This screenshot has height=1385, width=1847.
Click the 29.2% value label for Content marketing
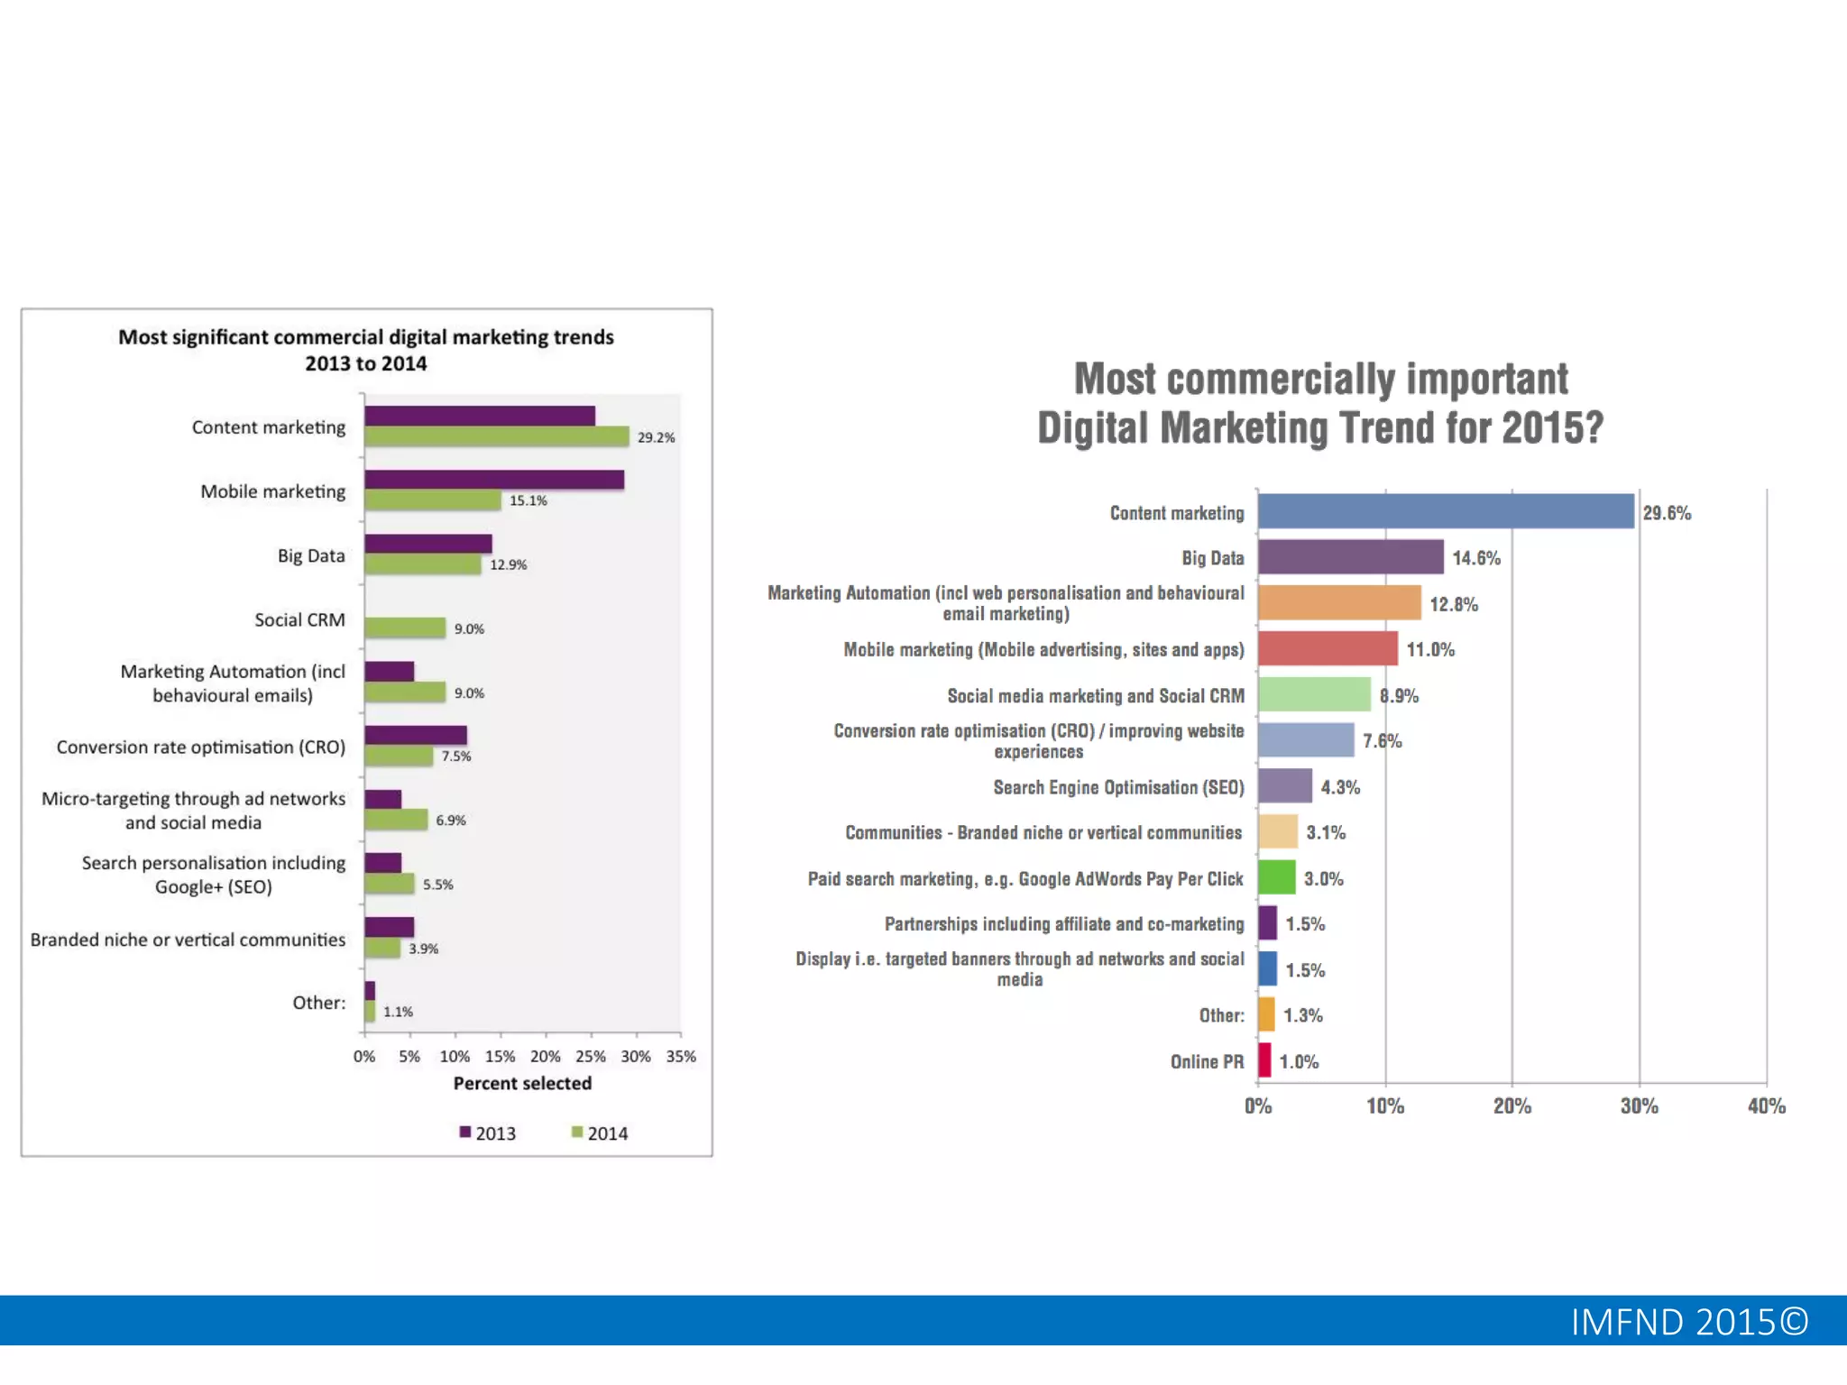tap(656, 437)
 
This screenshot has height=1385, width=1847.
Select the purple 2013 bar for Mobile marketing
tap(494, 480)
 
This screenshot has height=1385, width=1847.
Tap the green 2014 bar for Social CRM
tap(405, 628)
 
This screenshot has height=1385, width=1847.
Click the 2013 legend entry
tap(488, 1133)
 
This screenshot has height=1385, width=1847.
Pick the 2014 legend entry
tap(600, 1133)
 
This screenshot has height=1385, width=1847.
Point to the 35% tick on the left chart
tap(681, 1056)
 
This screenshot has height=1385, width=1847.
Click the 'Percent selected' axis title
tap(522, 1083)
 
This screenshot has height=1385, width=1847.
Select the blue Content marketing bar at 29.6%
tap(1446, 511)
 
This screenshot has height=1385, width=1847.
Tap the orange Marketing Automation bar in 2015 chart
tap(1339, 602)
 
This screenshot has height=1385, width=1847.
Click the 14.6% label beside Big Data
tap(1476, 558)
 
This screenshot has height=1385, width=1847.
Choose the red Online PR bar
tap(1264, 1060)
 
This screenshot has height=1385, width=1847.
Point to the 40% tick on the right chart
tap(1766, 1105)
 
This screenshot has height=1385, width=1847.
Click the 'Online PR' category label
tap(1207, 1061)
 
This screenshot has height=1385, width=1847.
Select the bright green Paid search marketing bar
tap(1277, 877)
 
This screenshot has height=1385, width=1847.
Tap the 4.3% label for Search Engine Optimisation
tap(1340, 787)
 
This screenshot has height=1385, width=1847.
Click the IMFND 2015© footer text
tap(1689, 1322)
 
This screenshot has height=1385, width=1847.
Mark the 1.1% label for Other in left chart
tap(398, 1012)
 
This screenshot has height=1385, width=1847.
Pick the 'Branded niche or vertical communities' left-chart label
tap(188, 940)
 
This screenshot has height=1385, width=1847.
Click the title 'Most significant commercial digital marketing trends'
tap(366, 337)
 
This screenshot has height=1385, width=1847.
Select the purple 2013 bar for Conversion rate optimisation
tap(416, 735)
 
